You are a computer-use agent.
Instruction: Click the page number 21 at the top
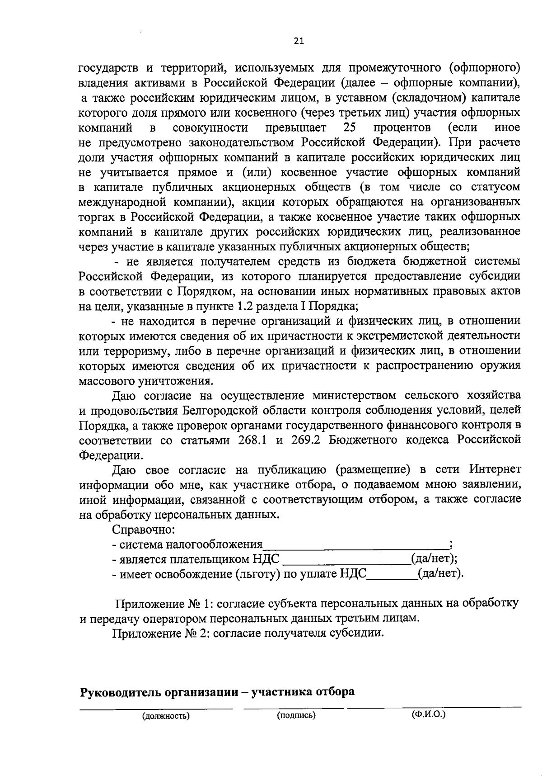tap(299, 41)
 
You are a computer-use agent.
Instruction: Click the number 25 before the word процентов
tap(351, 128)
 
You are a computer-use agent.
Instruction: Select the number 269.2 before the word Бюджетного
tap(305, 440)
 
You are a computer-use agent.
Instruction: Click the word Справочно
tap(143, 529)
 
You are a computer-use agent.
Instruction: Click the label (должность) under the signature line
tap(165, 715)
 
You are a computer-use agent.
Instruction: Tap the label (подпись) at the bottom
tap(296, 715)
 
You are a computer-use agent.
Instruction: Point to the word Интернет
tap(495, 469)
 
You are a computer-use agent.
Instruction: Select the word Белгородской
tap(221, 411)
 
